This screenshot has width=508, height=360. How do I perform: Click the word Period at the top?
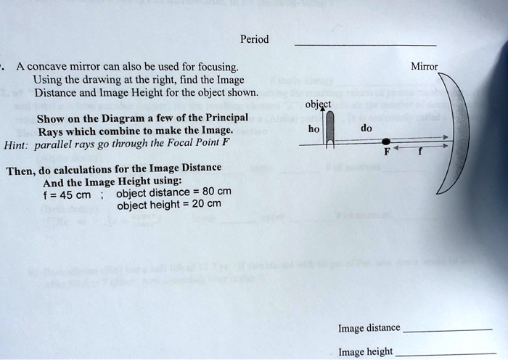[x=254, y=38]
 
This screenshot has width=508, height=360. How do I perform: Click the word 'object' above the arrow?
[x=317, y=104]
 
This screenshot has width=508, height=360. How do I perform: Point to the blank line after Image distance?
[x=446, y=331]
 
